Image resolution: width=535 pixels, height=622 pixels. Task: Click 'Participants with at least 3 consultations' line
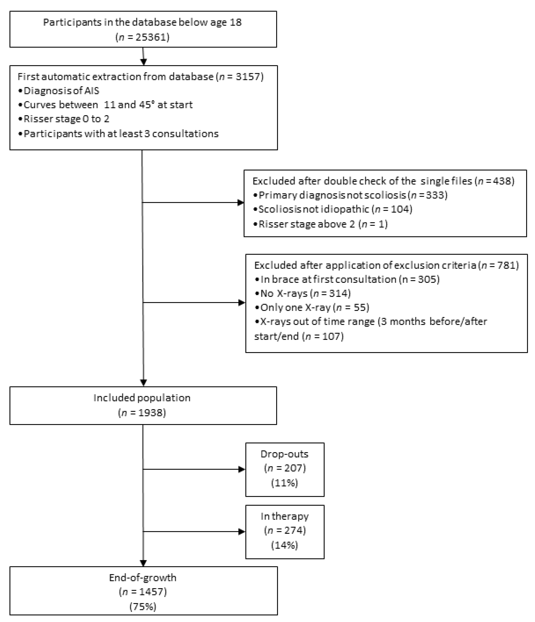coord(121,134)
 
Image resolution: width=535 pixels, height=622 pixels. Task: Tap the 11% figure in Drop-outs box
coord(284,483)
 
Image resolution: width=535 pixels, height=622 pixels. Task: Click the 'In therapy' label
coord(284,516)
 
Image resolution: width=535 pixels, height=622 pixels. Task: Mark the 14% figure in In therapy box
coord(284,545)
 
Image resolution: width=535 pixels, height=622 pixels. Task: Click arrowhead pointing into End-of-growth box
coord(143,563)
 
